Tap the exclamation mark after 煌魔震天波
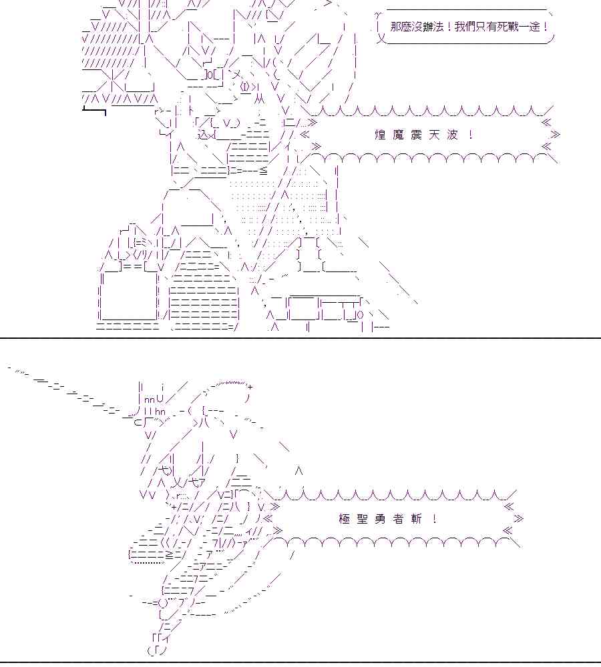(471, 135)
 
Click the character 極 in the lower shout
(345, 518)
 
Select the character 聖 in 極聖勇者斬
(363, 518)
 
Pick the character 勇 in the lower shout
(381, 518)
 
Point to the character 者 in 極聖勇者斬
(399, 518)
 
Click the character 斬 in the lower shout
(417, 518)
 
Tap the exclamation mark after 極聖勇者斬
(435, 518)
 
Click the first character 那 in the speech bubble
(397, 28)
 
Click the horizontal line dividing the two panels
(300, 338)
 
